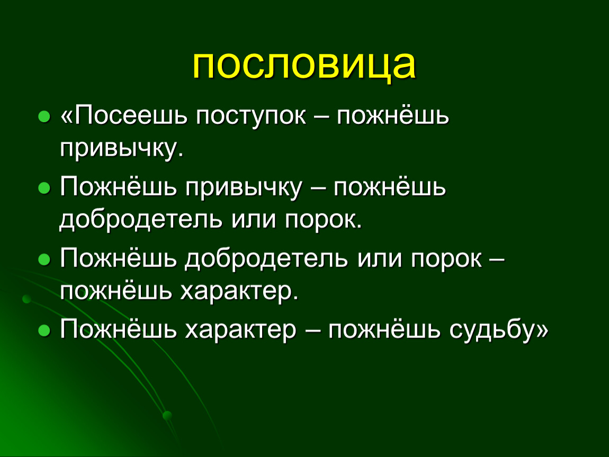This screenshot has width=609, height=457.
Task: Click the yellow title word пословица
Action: pos(304,65)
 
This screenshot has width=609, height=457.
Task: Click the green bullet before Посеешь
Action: pos(44,116)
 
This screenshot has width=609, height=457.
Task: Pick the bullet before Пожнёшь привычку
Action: pos(44,188)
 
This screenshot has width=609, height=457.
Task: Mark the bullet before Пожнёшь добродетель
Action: pos(44,260)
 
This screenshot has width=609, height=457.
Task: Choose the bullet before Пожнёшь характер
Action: pos(44,331)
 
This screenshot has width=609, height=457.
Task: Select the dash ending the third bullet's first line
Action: pos(497,260)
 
